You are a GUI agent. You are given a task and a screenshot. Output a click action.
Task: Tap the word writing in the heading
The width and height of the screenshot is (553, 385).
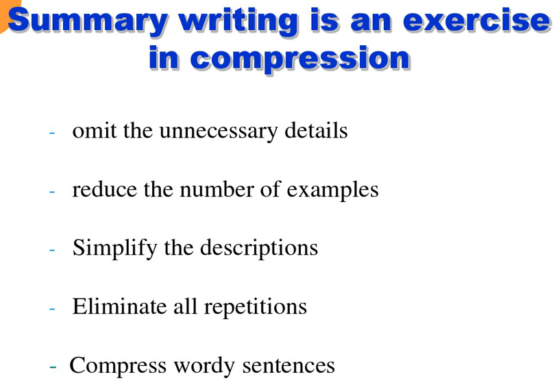point(238,22)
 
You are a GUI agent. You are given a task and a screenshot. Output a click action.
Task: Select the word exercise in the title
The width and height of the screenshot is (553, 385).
point(477,21)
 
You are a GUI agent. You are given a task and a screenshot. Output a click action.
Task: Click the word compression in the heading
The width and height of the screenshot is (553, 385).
point(300,59)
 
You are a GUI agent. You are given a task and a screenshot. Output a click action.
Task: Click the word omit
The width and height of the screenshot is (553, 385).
point(94,130)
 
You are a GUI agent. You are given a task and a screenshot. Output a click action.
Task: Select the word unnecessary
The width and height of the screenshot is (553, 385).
point(219,132)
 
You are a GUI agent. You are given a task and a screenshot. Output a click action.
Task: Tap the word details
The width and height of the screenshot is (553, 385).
point(316,130)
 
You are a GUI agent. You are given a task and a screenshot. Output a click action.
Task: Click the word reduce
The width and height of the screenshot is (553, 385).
point(104,189)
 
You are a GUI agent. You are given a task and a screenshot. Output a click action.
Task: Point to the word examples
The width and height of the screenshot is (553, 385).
point(332,190)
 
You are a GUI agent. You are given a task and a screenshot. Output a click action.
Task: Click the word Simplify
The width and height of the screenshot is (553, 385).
point(114,249)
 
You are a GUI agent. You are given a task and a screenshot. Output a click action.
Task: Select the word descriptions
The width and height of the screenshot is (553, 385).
point(259,249)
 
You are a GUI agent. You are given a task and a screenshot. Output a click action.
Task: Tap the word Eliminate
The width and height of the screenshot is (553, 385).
point(119,306)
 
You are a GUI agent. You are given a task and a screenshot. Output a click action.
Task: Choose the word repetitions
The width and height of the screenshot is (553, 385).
point(256,307)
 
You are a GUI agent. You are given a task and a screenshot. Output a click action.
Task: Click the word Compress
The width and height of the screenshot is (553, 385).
point(118,366)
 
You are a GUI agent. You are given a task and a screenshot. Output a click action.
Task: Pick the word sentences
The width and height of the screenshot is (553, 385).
point(288,366)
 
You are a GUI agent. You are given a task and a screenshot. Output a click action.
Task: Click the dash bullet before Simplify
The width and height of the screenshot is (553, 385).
point(52,250)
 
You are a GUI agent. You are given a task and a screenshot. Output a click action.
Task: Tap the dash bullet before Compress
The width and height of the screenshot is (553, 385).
point(53,367)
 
